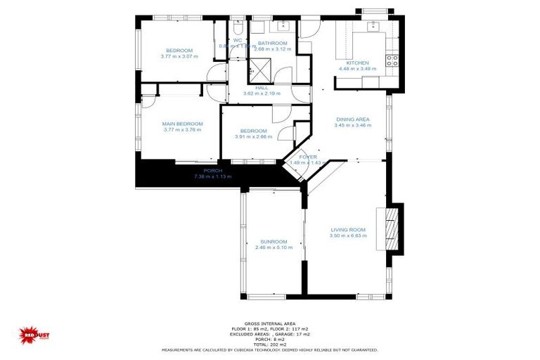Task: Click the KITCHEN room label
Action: point(357,63)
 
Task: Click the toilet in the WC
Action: point(237,29)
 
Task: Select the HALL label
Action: point(262,88)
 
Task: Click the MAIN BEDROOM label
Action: point(183,124)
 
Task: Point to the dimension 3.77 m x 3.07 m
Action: point(179,56)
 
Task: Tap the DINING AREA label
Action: point(352,120)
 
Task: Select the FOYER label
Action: point(308,156)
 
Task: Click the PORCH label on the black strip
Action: point(212,171)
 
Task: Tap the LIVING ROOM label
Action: point(347,230)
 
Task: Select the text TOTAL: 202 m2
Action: point(270,343)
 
